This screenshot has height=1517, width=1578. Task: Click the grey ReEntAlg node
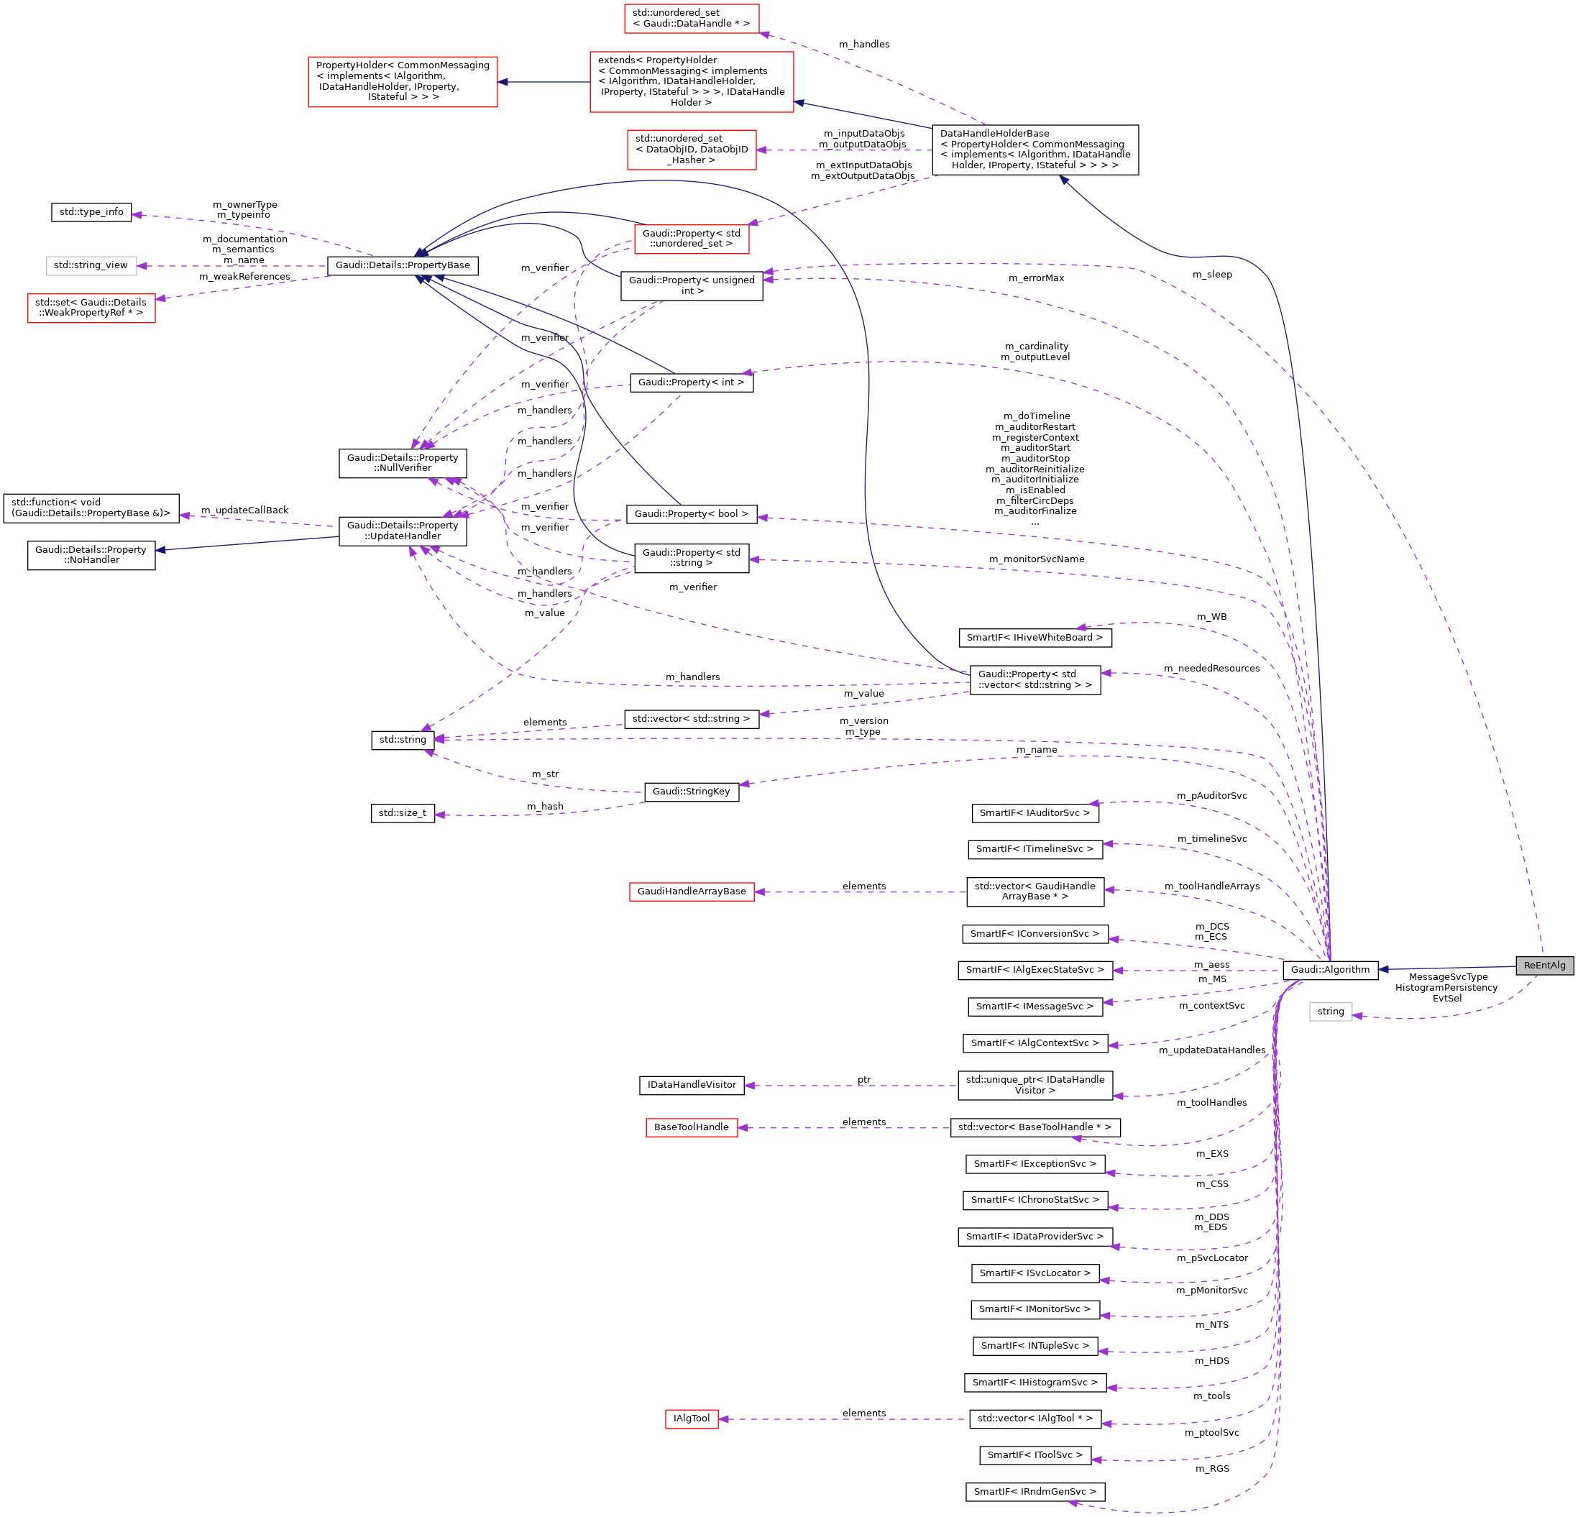point(1544,965)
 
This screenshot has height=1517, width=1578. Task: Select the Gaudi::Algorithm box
point(1329,969)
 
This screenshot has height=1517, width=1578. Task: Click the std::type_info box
point(91,212)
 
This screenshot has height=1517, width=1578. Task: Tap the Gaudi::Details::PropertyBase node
point(403,265)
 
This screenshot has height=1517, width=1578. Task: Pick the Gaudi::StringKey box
point(691,792)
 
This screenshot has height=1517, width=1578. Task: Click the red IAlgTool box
point(691,1418)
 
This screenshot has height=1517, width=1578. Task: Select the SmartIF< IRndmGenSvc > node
point(1035,1491)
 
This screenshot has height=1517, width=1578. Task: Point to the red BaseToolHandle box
point(691,1127)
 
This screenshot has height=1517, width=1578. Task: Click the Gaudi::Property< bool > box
point(691,514)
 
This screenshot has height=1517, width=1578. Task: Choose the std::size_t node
point(403,812)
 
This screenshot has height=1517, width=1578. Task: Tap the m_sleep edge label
point(1211,275)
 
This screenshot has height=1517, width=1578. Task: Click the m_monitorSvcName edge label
point(1036,559)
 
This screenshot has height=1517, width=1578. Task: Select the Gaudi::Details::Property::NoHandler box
point(91,555)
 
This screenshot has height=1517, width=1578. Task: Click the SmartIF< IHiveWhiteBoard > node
point(1035,637)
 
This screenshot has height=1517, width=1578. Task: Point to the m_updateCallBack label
point(244,510)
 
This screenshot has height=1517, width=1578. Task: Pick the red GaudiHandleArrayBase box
point(691,892)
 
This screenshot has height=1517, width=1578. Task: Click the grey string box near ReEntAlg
point(1330,1012)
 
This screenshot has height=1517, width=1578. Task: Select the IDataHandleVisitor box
point(691,1085)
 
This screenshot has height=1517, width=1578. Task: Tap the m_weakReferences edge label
point(244,277)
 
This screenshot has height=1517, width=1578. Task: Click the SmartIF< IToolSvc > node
point(1035,1455)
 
